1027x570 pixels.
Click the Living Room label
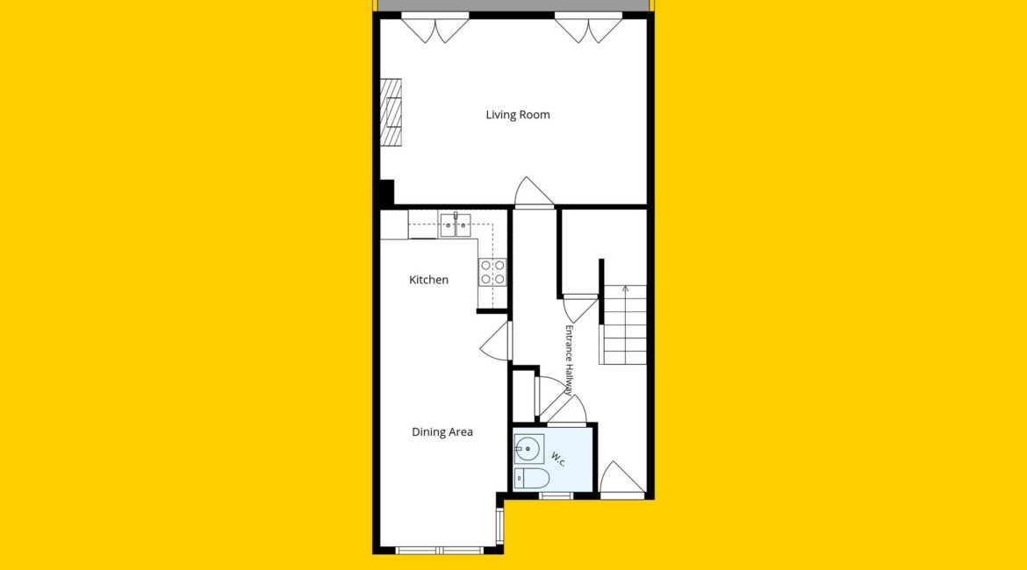[517, 115]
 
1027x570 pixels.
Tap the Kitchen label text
[428, 280]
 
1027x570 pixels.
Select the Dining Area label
[442, 432]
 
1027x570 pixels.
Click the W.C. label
[558, 459]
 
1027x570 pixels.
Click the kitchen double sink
[456, 225]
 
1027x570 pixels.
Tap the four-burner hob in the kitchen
[492, 272]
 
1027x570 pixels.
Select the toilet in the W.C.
[531, 479]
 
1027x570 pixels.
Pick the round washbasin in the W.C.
[528, 449]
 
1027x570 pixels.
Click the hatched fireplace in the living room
[391, 112]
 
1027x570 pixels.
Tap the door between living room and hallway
[534, 192]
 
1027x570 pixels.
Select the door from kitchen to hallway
[497, 340]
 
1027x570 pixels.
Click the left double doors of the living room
[434, 28]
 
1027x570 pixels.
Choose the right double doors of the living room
[588, 28]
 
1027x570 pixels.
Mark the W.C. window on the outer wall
[557, 495]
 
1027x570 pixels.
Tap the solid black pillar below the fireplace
[387, 193]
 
